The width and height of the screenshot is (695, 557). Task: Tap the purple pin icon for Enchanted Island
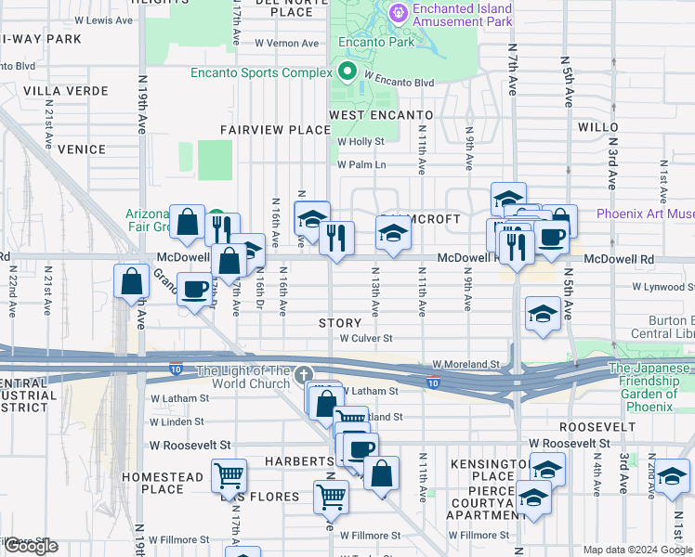coord(399,13)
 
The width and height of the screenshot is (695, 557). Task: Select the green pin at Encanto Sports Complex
coord(348,71)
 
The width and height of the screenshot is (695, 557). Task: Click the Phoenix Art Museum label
coord(645,214)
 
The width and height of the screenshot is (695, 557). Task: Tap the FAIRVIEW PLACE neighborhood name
coord(275,130)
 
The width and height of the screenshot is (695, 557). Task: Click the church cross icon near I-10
coord(302,374)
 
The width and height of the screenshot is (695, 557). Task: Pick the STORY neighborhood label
coord(339,323)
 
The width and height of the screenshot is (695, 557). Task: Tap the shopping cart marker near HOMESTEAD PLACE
coord(229,477)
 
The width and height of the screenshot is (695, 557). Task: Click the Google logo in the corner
coord(30,547)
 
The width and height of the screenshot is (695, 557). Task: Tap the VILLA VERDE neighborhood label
coord(54,90)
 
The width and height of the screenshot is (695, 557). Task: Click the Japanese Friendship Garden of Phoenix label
coord(650,387)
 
